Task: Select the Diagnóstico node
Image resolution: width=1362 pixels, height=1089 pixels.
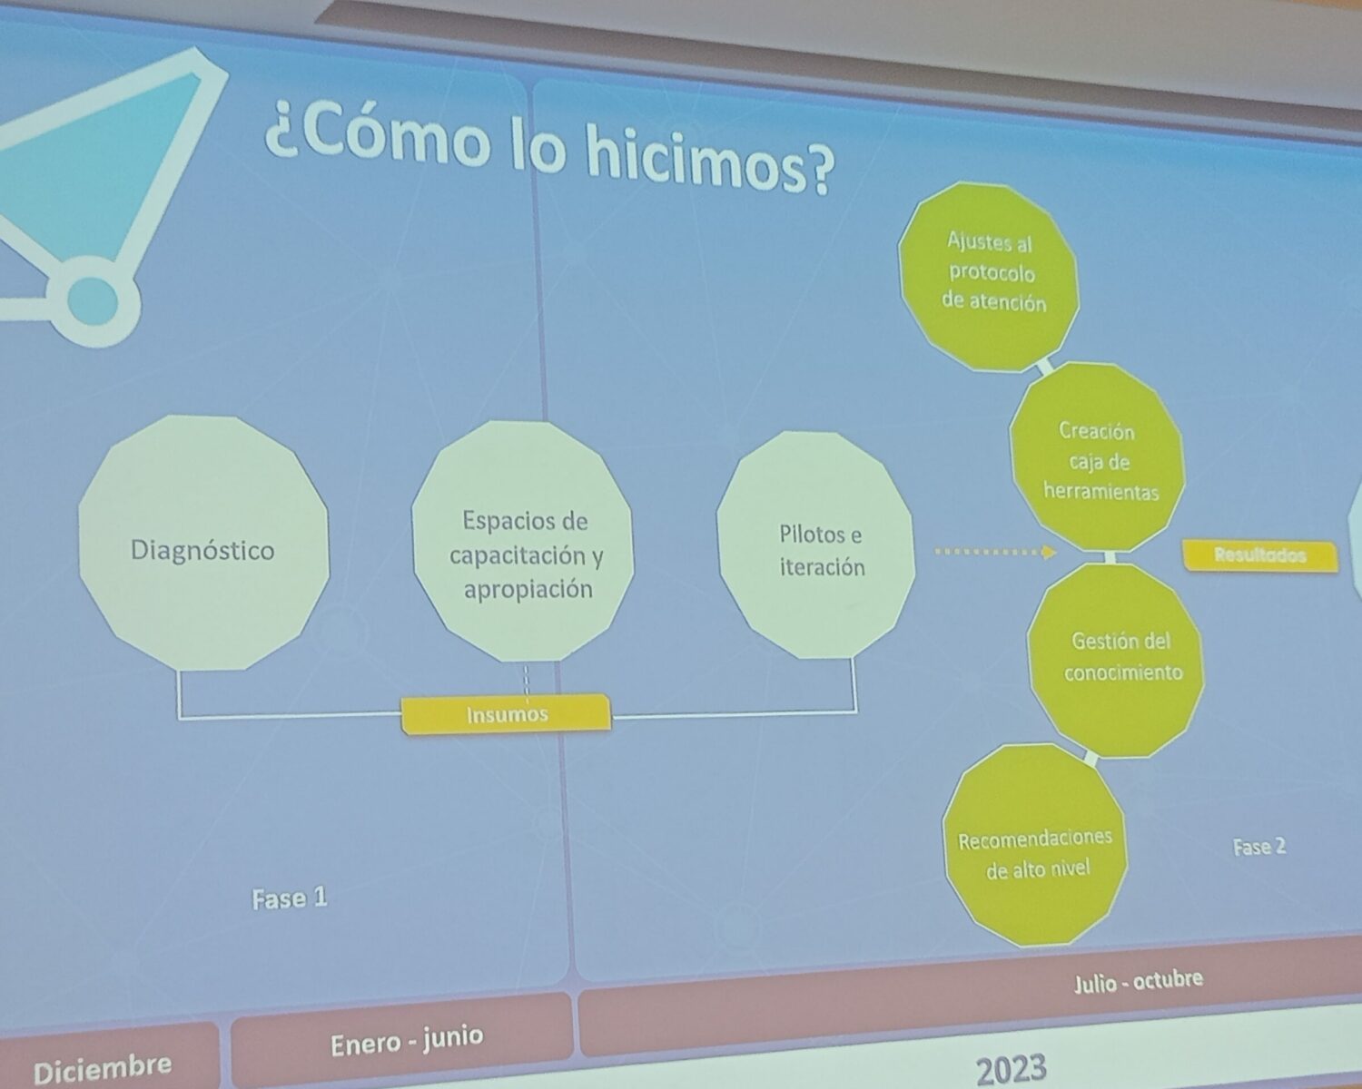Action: [x=203, y=544]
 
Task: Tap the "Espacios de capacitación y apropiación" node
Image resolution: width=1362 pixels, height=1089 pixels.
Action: [x=523, y=542]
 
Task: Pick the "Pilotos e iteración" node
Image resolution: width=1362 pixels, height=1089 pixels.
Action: [x=816, y=545]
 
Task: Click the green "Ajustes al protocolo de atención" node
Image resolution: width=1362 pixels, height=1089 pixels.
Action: [x=989, y=277]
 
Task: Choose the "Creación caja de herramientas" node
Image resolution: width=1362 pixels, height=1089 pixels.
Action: [x=1098, y=456]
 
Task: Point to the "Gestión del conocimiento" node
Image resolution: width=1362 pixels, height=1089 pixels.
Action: [x=1117, y=660]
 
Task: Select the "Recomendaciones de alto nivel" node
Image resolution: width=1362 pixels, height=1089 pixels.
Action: [x=1035, y=846]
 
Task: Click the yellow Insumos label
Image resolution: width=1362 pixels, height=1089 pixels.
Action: [x=507, y=714]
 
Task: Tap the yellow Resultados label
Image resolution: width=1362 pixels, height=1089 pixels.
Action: [x=1260, y=555]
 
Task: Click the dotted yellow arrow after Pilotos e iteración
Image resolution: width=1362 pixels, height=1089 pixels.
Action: [x=995, y=553]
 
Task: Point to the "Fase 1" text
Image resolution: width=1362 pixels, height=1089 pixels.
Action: [x=290, y=898]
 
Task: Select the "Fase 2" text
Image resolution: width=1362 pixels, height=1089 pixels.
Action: [x=1259, y=847]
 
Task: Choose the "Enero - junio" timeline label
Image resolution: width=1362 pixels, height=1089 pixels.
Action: [x=407, y=1042]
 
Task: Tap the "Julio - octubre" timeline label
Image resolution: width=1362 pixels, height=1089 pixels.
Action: [x=1138, y=981]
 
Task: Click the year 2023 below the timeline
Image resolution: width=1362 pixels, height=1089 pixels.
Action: [x=1012, y=1070]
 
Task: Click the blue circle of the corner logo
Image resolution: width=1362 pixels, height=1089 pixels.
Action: [x=93, y=301]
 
